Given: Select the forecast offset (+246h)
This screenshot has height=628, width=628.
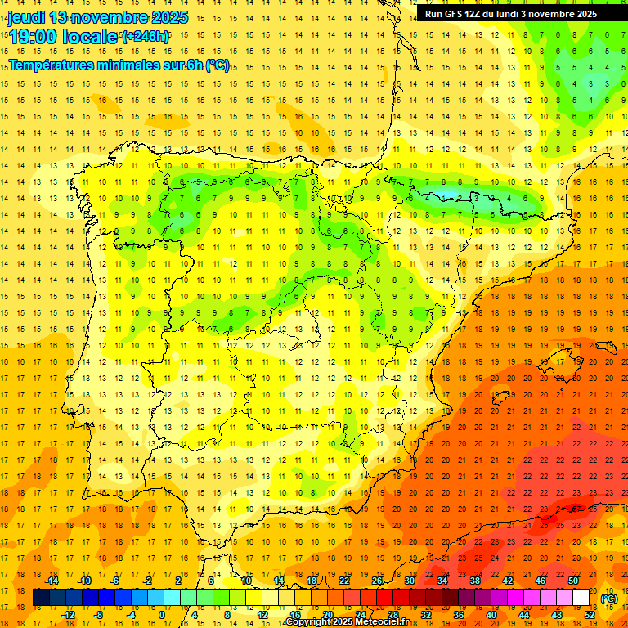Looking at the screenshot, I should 146,37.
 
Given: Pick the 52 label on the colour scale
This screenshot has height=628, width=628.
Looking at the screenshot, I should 590,615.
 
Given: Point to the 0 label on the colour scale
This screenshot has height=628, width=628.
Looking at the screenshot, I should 162,615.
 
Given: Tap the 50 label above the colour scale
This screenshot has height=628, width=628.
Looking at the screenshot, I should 573,581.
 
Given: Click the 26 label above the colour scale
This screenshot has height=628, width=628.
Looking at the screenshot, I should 377,581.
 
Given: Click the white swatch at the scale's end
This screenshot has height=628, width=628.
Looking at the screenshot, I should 581,598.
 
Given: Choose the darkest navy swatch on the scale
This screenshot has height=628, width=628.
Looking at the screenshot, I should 41,598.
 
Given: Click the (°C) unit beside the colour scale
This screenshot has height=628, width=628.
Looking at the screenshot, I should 609,599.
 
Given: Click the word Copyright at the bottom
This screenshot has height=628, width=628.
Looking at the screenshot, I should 310,622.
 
